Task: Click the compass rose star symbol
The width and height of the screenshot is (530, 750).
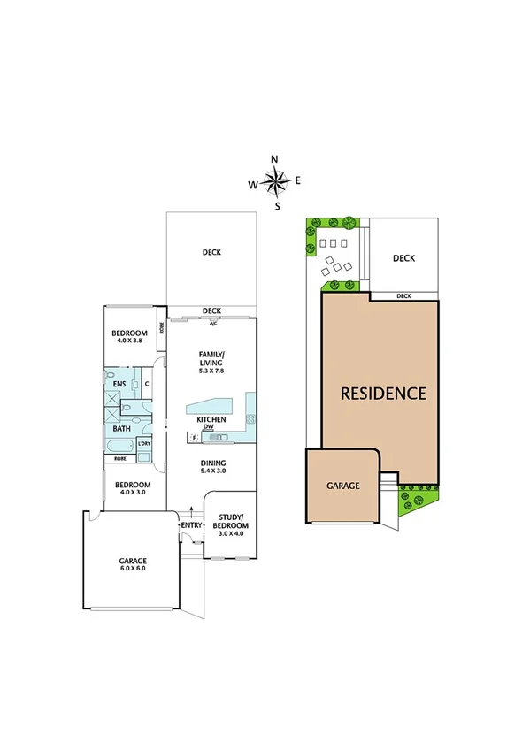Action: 276,183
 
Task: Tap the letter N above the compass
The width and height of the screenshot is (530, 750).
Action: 274,159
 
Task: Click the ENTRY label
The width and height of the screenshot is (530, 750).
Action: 191,526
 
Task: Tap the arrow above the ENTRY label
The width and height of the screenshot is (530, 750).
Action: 191,511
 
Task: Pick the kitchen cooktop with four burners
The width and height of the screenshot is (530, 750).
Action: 251,417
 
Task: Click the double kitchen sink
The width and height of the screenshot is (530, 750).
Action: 216,438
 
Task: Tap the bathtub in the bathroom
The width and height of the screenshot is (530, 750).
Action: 120,445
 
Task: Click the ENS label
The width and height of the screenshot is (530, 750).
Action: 119,384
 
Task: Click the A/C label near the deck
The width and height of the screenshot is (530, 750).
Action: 212,323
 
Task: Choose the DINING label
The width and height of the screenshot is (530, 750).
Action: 212,463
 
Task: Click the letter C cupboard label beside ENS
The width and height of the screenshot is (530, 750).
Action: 146,384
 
